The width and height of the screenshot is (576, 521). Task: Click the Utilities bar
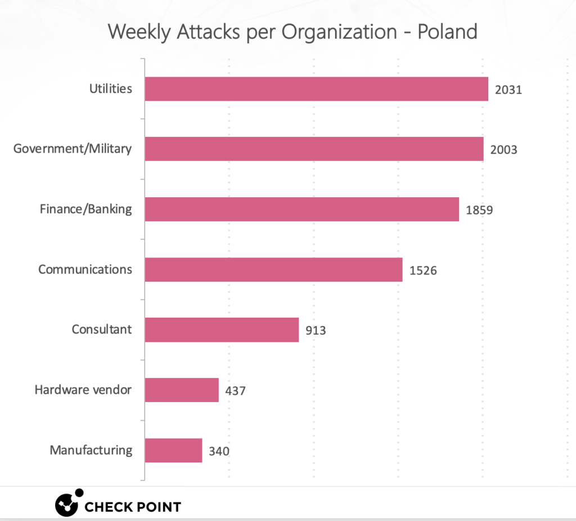[x=316, y=88]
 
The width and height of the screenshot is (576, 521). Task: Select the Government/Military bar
[x=314, y=149]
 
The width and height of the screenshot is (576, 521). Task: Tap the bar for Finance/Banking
[x=302, y=209]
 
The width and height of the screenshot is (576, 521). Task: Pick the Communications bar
[x=274, y=269]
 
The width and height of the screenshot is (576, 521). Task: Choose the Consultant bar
[x=222, y=329]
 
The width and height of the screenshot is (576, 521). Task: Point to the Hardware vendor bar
[x=182, y=390]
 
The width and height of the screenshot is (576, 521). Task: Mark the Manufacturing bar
[x=173, y=450]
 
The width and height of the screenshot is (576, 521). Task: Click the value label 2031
[x=508, y=90]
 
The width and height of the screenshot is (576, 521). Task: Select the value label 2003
[x=503, y=150]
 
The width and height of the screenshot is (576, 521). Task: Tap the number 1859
[x=479, y=210]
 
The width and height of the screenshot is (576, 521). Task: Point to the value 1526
[x=423, y=270]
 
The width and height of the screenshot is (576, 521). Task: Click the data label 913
[x=316, y=331]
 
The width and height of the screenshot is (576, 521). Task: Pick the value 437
[x=236, y=391]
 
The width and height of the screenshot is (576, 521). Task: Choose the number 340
[x=219, y=451]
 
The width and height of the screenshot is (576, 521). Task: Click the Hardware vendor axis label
[x=83, y=390]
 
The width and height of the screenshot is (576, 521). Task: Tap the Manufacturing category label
[x=91, y=451]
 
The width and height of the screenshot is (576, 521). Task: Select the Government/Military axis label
[x=73, y=149]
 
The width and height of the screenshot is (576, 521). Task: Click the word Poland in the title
[x=447, y=32]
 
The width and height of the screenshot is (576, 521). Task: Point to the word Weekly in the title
[x=139, y=32]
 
